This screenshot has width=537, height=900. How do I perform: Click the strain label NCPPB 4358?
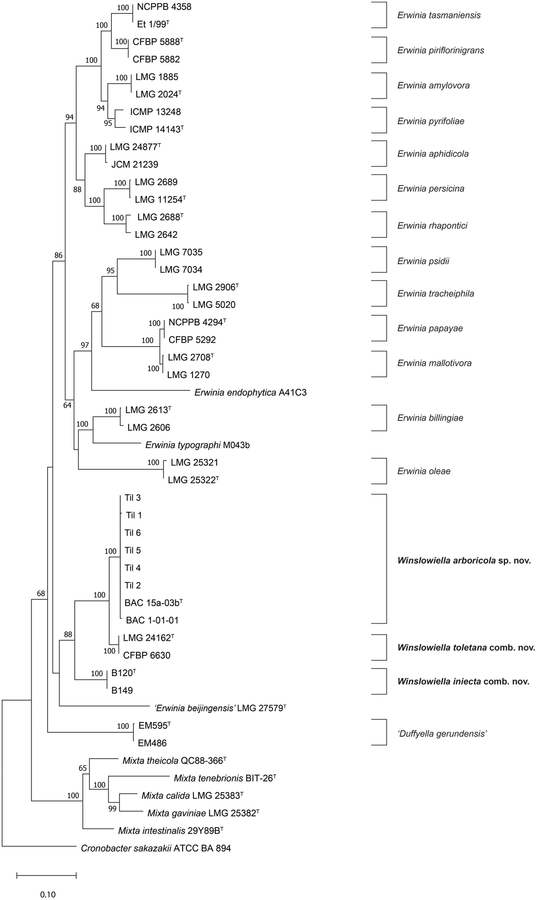(164, 7)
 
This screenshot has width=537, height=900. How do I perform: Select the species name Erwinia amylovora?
(433, 85)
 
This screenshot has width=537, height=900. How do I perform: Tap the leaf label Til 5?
(132, 550)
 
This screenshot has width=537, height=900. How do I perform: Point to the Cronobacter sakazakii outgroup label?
(156, 848)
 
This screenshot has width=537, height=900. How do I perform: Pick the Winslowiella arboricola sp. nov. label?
(464, 560)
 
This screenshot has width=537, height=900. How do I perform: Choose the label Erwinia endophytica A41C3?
(250, 393)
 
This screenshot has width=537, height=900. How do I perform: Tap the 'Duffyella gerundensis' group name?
(442, 734)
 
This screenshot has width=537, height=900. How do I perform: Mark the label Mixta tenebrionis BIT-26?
(225, 778)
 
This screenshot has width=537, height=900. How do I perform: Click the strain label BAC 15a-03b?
(153, 603)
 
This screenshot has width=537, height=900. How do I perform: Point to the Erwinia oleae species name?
(423, 471)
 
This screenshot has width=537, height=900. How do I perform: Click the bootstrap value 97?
(85, 345)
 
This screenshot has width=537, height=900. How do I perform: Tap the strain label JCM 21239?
(135, 165)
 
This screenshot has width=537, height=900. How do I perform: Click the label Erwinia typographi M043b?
(197, 445)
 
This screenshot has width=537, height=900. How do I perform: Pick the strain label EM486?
(152, 743)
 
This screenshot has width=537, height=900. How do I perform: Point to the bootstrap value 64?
(67, 406)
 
